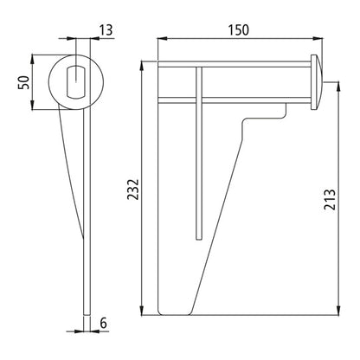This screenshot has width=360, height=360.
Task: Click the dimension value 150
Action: pos(240,29)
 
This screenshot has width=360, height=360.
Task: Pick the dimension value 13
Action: pos(105,31)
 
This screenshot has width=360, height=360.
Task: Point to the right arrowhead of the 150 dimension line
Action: pos(318,40)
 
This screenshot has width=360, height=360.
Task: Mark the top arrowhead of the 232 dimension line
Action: pos(141,67)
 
